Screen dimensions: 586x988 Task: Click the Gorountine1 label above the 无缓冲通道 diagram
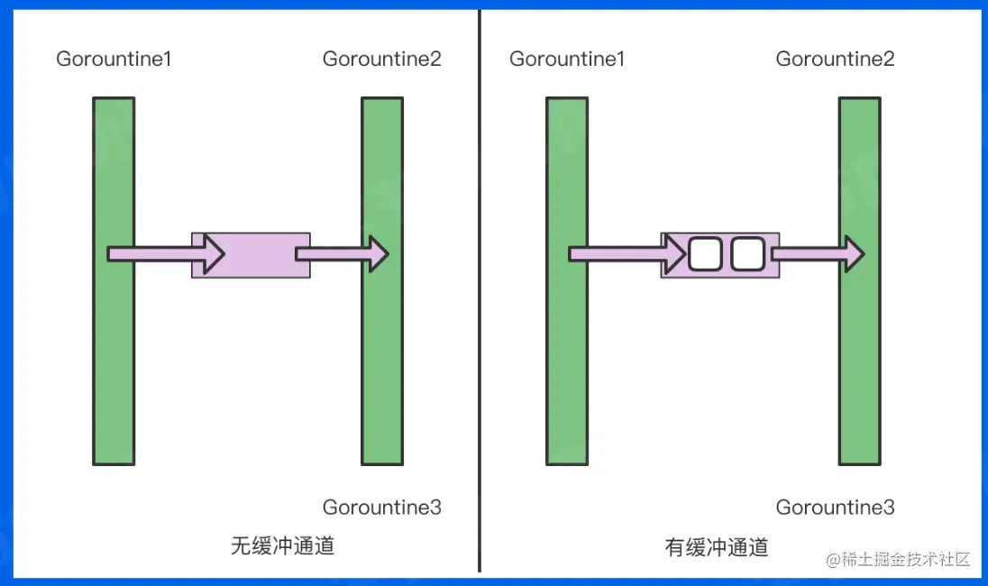[114, 60]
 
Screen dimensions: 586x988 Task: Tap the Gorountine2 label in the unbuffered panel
[382, 60]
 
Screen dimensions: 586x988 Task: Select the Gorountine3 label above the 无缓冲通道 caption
[382, 508]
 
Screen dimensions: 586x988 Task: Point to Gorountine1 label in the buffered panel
[567, 60]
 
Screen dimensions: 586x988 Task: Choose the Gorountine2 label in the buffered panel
[836, 60]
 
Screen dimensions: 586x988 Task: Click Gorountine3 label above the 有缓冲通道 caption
[836, 508]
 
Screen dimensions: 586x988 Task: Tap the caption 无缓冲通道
[282, 546]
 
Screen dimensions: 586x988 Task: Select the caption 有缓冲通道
[717, 546]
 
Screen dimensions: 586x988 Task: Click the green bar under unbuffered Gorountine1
[114, 361]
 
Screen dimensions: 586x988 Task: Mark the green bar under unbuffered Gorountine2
[382, 361]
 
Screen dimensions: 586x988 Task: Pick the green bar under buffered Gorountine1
[567, 361]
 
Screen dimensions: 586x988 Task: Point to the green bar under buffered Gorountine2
[859, 361]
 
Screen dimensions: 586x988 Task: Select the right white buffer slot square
[746, 254]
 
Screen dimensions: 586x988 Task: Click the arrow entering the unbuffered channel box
[167, 254]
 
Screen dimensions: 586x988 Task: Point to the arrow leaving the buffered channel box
[817, 254]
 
